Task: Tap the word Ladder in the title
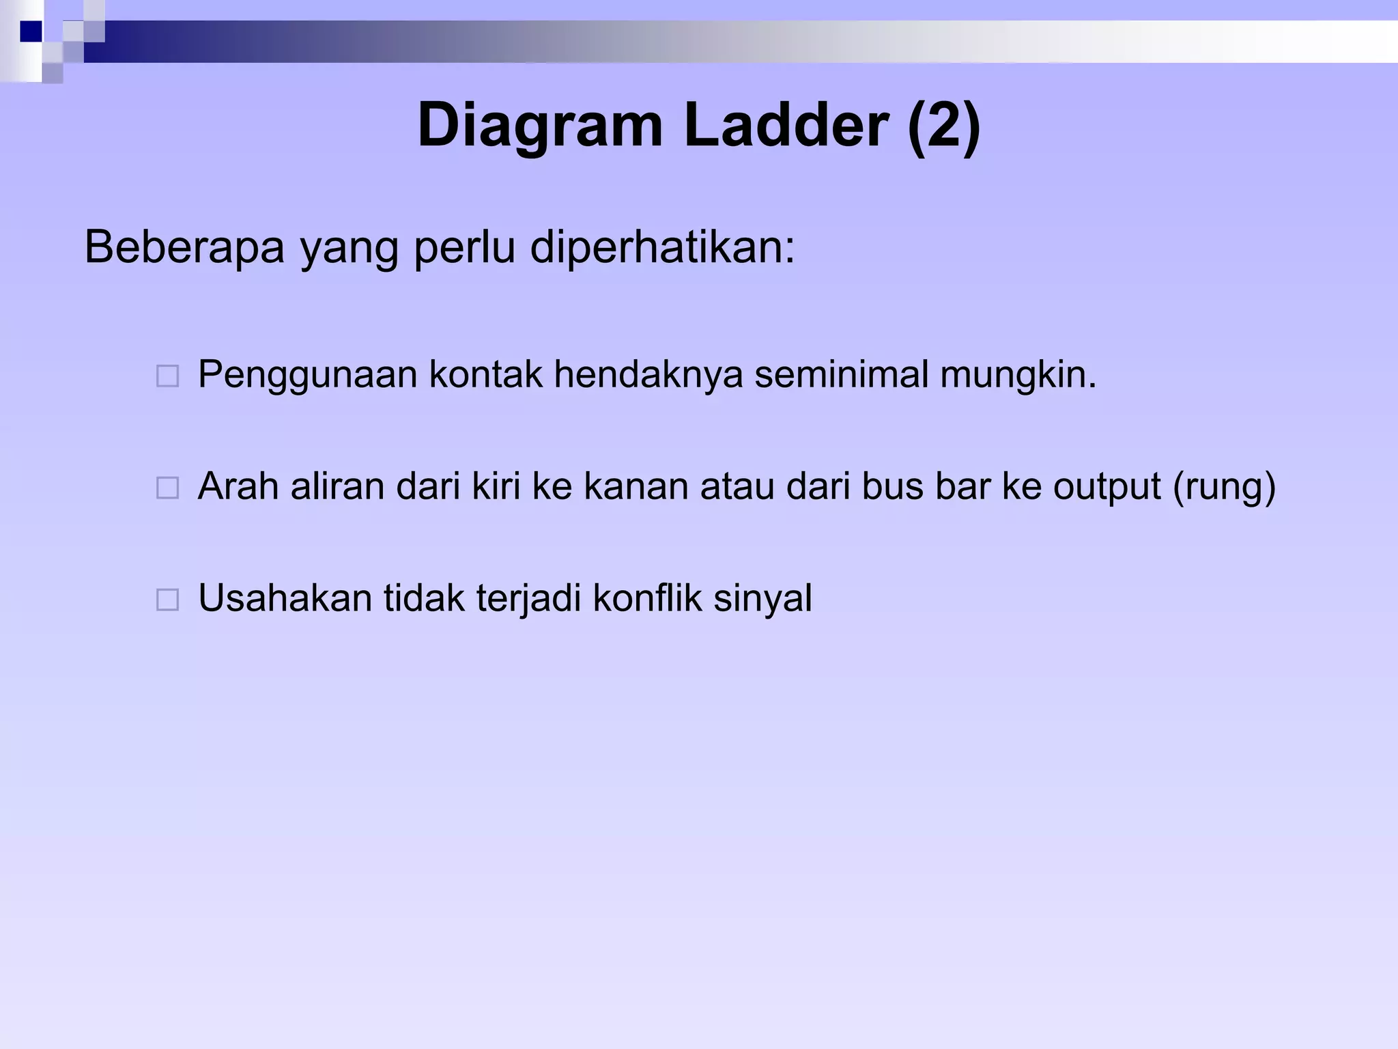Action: [x=785, y=125]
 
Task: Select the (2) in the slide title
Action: [x=944, y=125]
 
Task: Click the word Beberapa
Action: [x=184, y=247]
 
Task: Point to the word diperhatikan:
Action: [x=662, y=247]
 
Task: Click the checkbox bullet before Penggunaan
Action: [x=168, y=376]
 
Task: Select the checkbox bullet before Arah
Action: [x=168, y=488]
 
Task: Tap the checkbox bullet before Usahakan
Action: [x=168, y=600]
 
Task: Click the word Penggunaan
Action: [x=307, y=376]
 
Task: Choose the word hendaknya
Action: [x=648, y=376]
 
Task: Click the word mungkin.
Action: [x=1018, y=376]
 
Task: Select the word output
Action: [x=1107, y=487]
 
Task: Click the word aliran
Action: [x=338, y=486]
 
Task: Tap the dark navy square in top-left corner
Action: [x=31, y=31]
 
